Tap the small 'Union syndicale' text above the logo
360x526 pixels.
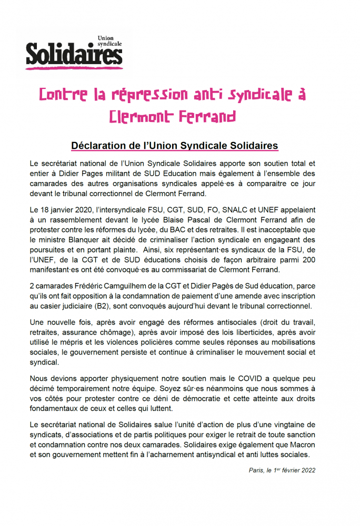click(109, 40)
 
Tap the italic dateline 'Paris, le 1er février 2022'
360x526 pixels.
click(282, 470)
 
